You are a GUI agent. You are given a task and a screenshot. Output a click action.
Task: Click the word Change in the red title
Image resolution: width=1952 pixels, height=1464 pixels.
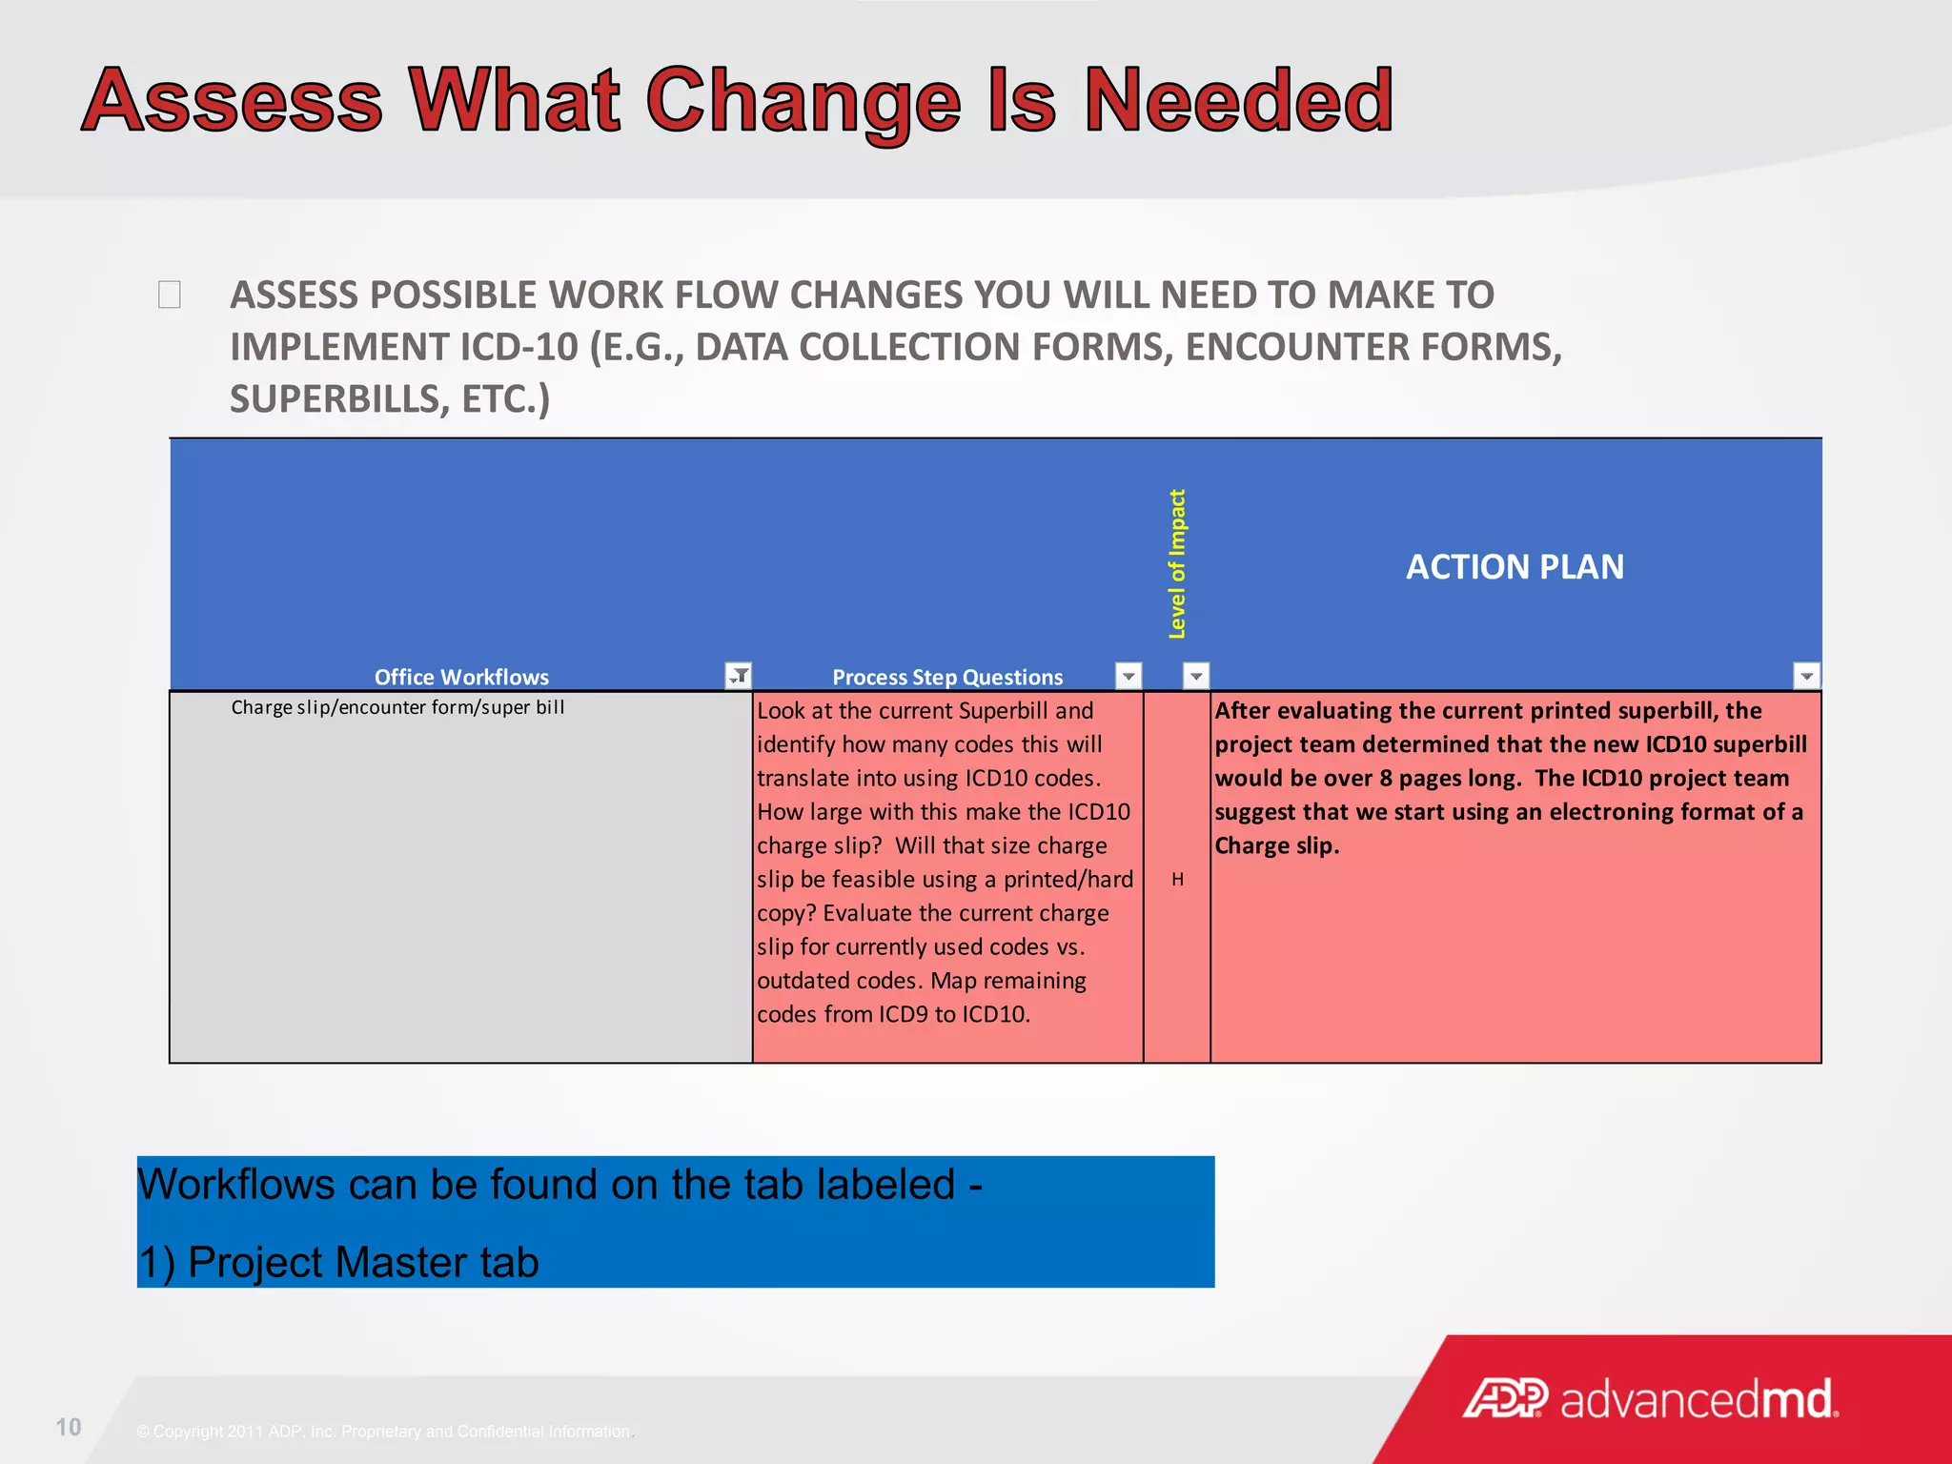tap(803, 102)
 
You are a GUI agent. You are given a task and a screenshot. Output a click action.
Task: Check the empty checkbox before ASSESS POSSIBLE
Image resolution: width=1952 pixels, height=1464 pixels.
tap(170, 295)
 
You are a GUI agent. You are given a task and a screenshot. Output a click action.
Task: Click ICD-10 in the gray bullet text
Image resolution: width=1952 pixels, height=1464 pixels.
tap(519, 347)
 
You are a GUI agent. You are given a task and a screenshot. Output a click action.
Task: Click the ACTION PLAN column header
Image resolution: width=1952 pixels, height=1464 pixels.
tap(1515, 567)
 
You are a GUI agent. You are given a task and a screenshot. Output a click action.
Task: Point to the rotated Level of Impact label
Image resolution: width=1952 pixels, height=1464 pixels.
tap(1177, 564)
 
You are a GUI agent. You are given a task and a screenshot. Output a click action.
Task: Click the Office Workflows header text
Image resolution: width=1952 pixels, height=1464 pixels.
tap(461, 677)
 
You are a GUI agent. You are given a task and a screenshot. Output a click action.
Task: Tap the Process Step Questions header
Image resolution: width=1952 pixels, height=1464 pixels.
tap(947, 677)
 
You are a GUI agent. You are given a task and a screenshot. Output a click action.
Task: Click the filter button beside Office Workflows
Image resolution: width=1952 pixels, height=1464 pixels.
tap(739, 676)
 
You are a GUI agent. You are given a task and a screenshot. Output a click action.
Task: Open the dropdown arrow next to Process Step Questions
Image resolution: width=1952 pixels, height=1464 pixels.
tap(1128, 676)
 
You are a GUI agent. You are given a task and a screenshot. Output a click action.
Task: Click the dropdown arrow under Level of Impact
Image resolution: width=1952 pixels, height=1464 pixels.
tap(1196, 676)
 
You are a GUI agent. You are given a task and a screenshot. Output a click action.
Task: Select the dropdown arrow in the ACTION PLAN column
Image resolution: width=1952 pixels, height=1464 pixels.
tap(1806, 676)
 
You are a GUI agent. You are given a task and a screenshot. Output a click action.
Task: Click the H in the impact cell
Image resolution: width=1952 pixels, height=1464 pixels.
tap(1178, 879)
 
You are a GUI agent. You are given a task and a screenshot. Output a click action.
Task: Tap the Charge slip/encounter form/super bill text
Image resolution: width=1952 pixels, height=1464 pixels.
tap(397, 707)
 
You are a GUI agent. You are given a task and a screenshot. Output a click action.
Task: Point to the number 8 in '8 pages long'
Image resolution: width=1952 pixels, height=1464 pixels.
tap(1385, 778)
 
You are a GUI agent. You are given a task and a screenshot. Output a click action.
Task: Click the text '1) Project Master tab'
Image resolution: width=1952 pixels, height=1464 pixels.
tap(338, 1262)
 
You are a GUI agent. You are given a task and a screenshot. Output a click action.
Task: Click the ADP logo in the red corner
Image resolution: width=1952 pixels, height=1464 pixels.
tap(1505, 1399)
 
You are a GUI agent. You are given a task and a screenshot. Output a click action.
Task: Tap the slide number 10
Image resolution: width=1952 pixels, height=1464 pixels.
tap(69, 1427)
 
